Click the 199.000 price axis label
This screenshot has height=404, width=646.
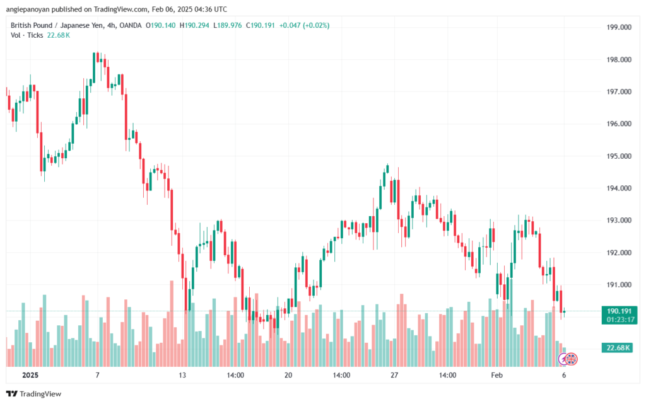point(617,28)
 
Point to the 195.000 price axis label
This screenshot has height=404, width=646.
point(617,156)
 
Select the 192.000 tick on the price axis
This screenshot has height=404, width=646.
point(617,253)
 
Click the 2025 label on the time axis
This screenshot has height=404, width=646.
point(30,375)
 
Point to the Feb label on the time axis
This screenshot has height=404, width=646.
point(498,375)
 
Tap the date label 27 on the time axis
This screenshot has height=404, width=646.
point(395,375)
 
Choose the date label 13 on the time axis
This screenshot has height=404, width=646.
point(182,375)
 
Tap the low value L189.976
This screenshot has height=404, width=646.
point(229,25)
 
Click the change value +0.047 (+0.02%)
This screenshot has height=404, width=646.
point(305,25)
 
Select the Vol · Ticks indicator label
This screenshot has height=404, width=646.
point(26,35)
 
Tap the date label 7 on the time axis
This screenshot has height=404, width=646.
point(97,375)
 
